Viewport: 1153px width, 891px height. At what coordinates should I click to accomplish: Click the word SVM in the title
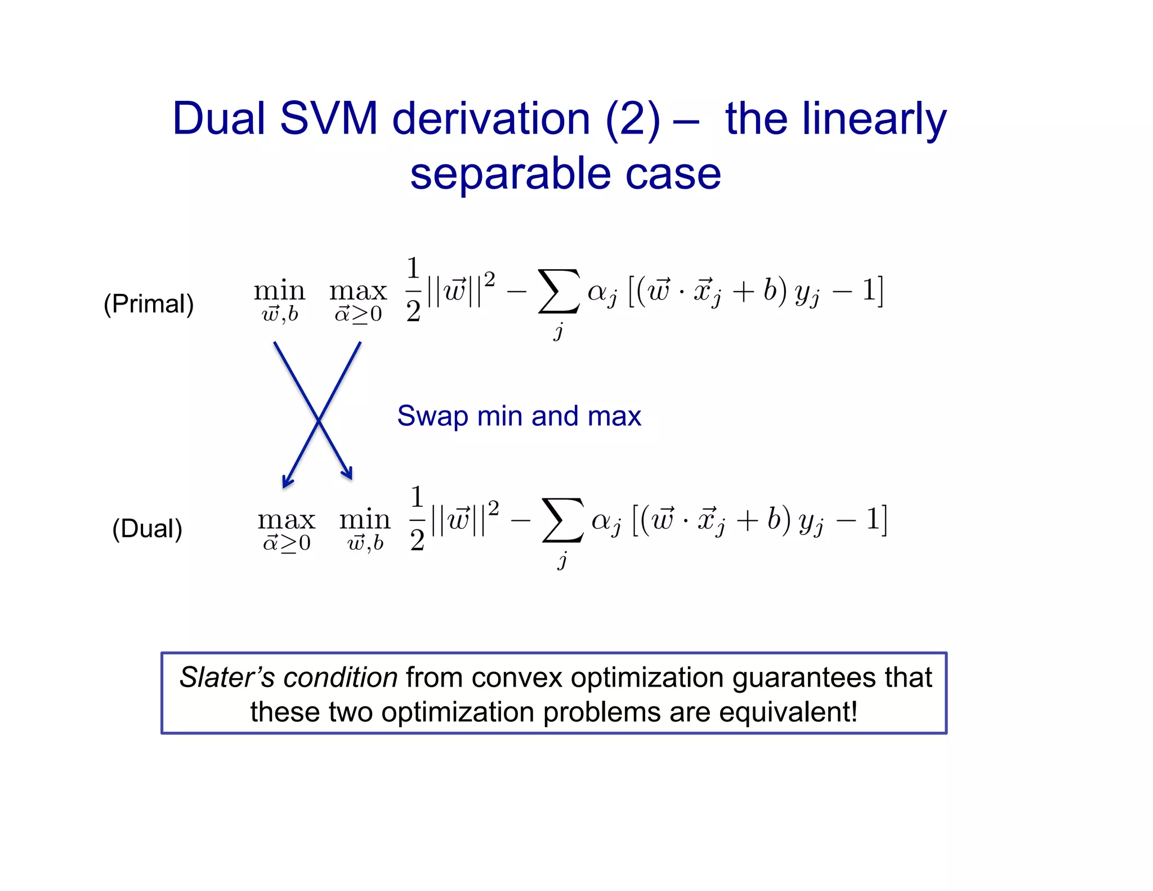[328, 119]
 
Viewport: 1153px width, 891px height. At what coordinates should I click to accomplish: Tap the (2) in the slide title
[632, 119]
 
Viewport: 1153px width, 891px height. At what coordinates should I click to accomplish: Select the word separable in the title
[510, 173]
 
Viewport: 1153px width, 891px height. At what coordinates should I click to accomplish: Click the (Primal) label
[149, 304]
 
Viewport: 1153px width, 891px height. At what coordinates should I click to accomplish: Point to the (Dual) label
[148, 529]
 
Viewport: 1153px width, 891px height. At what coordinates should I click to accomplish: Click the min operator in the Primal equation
[279, 292]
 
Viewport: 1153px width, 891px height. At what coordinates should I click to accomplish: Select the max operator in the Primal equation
[358, 292]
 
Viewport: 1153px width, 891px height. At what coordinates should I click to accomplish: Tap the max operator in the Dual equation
[286, 520]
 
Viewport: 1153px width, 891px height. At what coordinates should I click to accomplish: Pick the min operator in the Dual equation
[365, 520]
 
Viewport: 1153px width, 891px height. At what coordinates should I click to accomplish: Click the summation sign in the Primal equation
[558, 291]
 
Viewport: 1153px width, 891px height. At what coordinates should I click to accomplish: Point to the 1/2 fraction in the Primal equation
[413, 290]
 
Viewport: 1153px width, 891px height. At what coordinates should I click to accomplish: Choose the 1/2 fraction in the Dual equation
[417, 518]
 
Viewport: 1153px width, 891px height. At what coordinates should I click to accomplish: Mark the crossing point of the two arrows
[319, 420]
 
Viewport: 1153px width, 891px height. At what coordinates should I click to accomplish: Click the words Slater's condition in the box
[288, 677]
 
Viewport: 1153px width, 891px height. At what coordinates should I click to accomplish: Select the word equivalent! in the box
[788, 712]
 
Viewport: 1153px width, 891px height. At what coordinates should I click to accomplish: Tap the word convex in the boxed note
[517, 677]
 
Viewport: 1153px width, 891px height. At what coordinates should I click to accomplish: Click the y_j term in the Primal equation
[807, 295]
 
